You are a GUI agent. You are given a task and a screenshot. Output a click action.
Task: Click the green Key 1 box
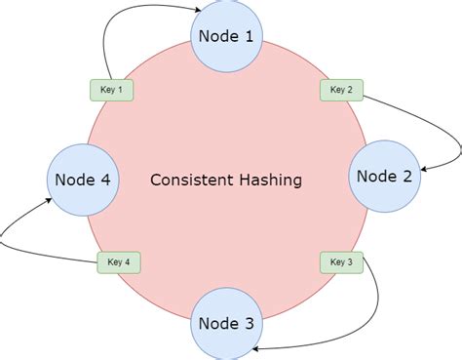tap(112, 90)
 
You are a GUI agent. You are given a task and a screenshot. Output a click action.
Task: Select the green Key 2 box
tap(341, 90)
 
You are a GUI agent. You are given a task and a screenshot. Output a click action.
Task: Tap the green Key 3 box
tap(341, 261)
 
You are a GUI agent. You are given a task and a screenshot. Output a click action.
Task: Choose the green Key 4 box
tap(119, 261)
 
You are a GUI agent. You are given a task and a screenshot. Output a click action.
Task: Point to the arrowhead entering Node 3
tap(253, 348)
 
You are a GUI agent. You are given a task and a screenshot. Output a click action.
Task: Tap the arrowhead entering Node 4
tap(48, 200)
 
